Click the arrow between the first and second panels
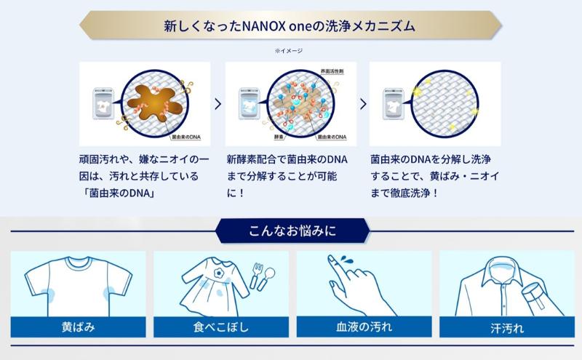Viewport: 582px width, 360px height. coord(218,103)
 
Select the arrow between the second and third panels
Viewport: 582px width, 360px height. coord(363,103)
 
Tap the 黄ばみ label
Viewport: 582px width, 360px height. coord(78,327)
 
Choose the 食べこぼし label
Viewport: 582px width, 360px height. coord(220,327)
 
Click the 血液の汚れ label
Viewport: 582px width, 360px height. coord(363,327)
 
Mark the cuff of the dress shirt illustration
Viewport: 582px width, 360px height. coord(535,299)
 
